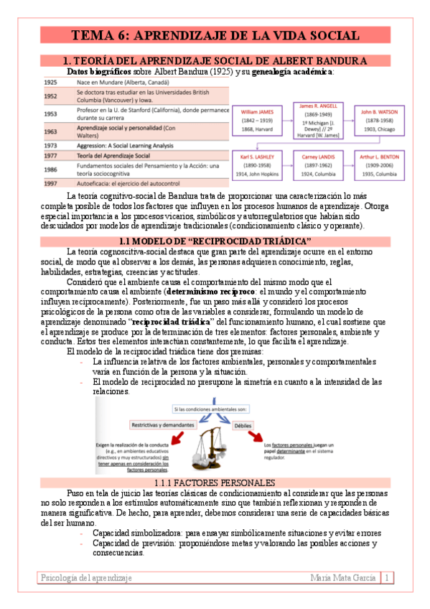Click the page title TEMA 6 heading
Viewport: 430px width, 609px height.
tap(215, 36)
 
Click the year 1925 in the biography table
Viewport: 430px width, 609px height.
tap(50, 83)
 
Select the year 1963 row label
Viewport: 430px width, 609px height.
tap(50, 131)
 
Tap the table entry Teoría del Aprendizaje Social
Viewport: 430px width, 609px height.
tap(113, 155)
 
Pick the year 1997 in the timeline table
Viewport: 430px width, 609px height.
tap(50, 183)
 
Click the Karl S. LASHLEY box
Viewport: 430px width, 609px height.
tap(256, 165)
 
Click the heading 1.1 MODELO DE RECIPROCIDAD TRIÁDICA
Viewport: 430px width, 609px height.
tap(215, 240)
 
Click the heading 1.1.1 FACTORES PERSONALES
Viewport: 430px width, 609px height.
tap(215, 482)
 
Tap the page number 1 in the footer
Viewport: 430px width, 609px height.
tap(388, 577)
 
